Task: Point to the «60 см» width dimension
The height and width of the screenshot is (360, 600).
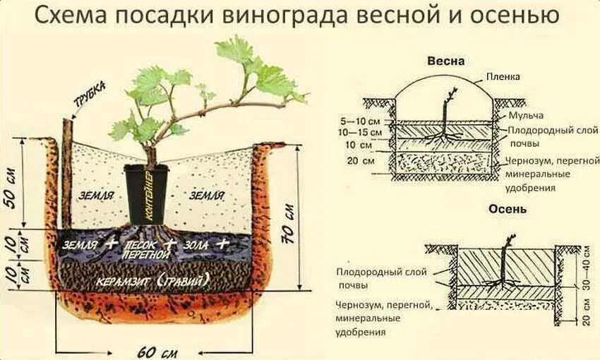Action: click(x=157, y=350)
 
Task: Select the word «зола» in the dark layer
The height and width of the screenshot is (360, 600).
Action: click(x=198, y=244)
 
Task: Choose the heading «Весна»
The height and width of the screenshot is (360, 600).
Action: click(x=446, y=61)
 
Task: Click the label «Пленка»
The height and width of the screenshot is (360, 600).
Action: click(x=503, y=76)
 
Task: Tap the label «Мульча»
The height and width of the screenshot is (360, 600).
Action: click(x=523, y=115)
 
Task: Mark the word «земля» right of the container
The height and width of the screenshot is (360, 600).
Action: click(x=208, y=194)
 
